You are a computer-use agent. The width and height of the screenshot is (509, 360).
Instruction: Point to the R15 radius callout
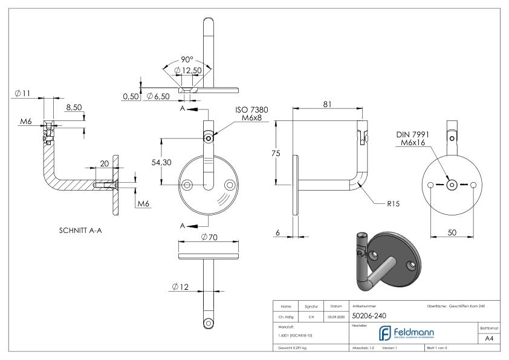pos(394,204)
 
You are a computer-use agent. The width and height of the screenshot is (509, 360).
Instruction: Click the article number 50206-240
pos(369,315)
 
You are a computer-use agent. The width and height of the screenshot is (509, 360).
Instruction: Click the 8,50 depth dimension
pos(73,107)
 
